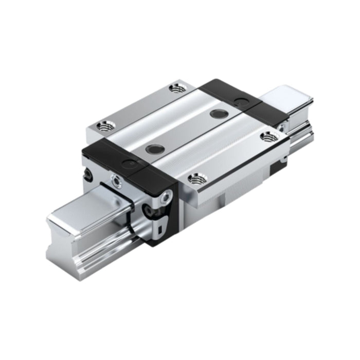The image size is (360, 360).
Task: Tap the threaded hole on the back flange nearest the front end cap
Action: (x=107, y=124)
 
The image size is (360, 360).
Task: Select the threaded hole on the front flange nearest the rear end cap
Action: (x=267, y=136)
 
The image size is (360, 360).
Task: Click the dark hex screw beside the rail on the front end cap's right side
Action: (x=150, y=209)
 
